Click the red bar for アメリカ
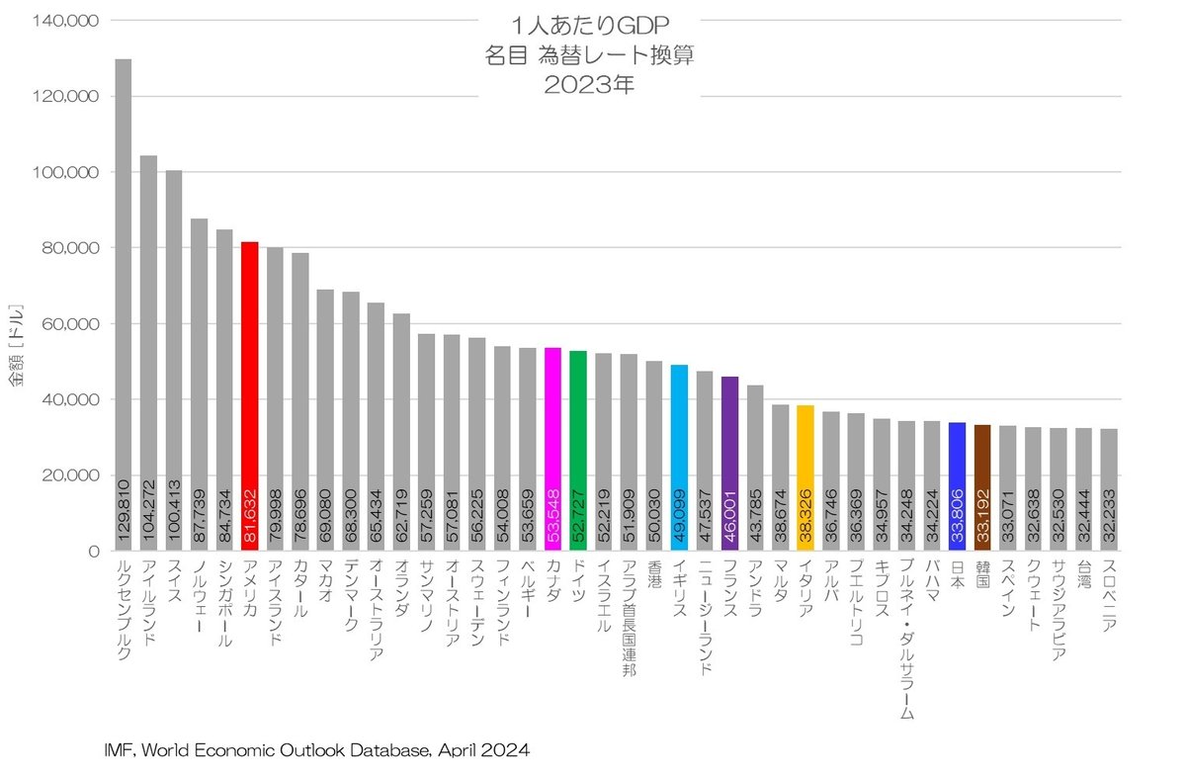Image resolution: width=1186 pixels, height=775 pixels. (x=250, y=395)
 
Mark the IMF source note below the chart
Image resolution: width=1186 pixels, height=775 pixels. (x=316, y=750)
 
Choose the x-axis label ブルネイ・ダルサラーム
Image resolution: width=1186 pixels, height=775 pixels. (x=906, y=643)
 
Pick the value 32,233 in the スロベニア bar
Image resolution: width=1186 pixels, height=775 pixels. (x=1108, y=514)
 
